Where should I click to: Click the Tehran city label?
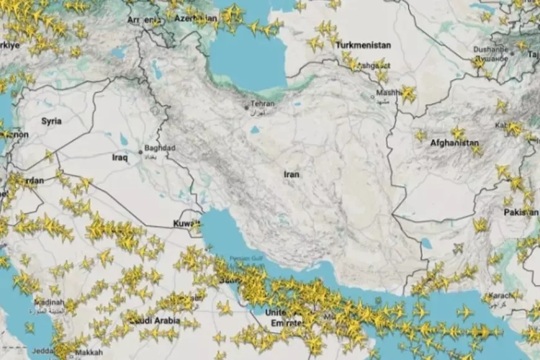pyautogui.click(x=262, y=104)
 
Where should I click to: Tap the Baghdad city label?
pyautogui.click(x=160, y=148)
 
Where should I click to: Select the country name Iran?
pyautogui.click(x=292, y=174)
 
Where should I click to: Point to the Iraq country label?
pyautogui.click(x=119, y=158)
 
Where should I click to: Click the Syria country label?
pyautogui.click(x=51, y=121)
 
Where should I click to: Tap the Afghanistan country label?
pyautogui.click(x=455, y=143)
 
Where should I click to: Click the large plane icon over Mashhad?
pyautogui.click(x=408, y=94)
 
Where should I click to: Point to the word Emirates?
pyautogui.click(x=285, y=323)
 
